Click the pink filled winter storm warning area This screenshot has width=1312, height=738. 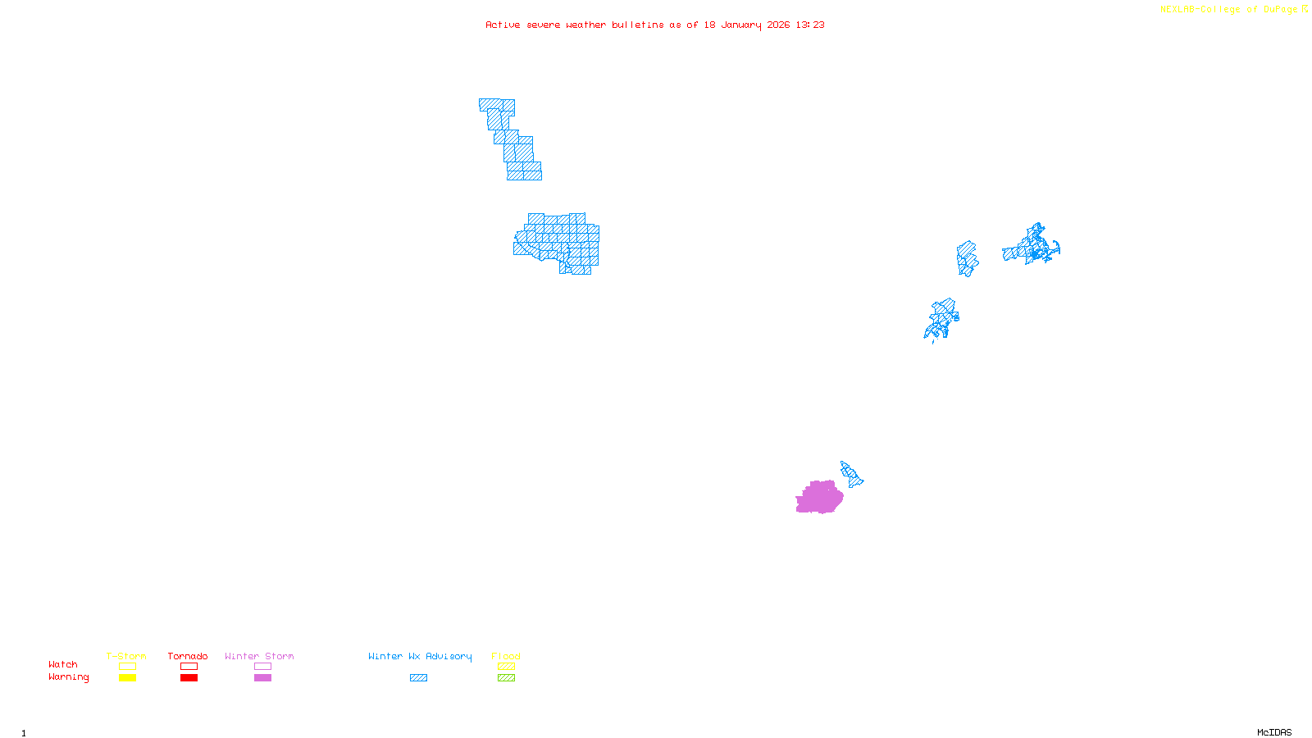(818, 497)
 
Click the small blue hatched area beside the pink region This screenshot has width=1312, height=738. (851, 474)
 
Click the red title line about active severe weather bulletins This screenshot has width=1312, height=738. (654, 25)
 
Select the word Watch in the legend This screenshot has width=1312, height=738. (63, 665)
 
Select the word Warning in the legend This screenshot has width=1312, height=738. (68, 677)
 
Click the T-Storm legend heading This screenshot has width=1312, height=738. (126, 656)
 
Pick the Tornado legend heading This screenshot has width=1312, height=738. (188, 656)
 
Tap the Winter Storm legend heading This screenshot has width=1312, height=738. (259, 656)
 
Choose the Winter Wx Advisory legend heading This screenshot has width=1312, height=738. (420, 656)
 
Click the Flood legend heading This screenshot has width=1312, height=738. (506, 656)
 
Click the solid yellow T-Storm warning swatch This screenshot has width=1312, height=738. (127, 678)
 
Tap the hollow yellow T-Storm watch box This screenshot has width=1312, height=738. (127, 667)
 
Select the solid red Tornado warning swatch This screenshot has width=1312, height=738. (189, 678)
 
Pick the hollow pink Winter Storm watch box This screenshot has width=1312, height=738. (262, 667)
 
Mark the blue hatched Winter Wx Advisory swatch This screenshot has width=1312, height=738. (418, 678)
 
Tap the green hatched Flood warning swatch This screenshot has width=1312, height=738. (507, 678)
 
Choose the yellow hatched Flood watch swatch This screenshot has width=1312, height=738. (507, 667)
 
